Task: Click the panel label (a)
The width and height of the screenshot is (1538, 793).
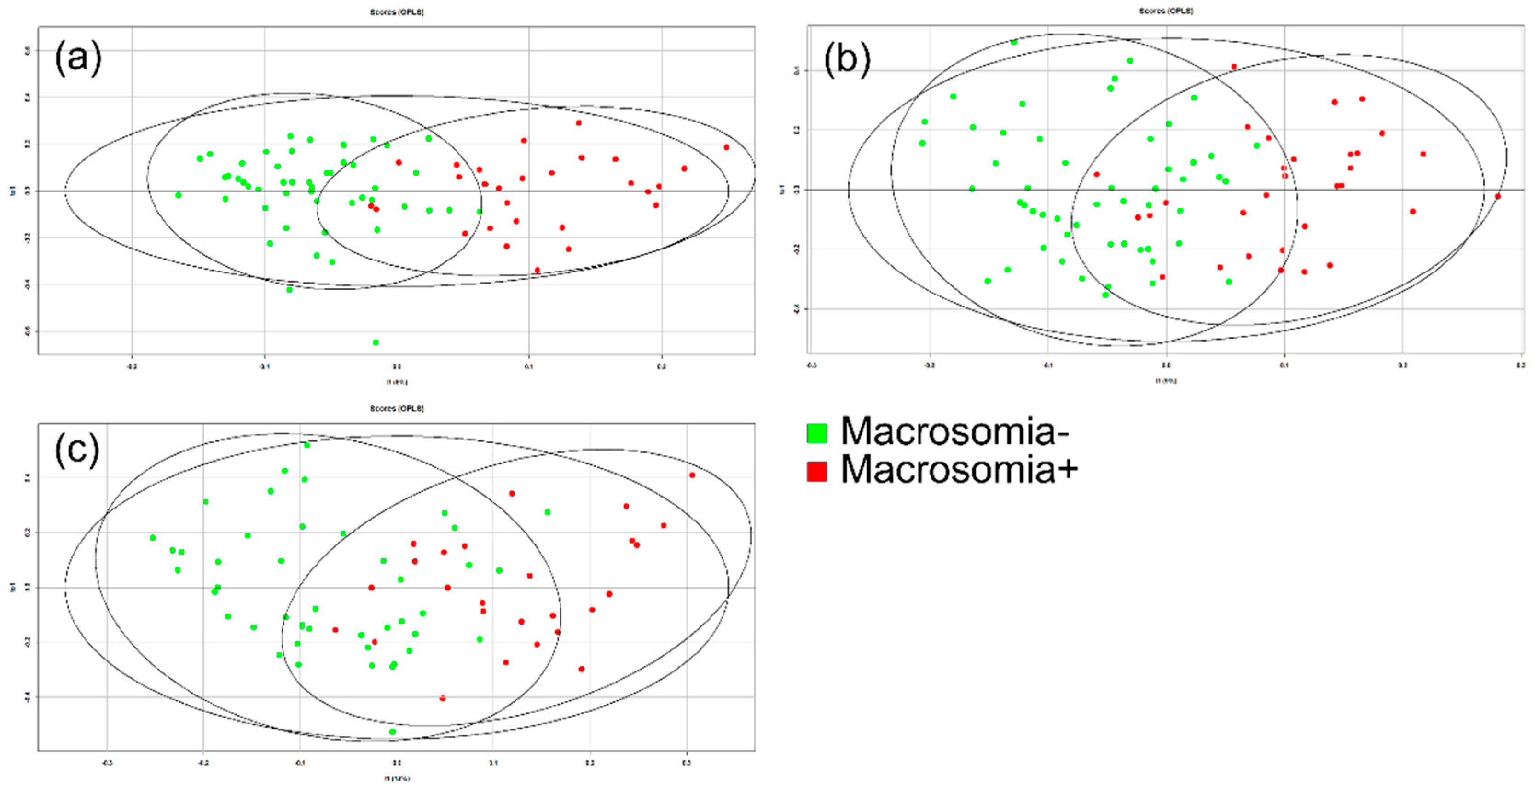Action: click(78, 58)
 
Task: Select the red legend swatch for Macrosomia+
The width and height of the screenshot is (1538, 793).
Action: click(816, 471)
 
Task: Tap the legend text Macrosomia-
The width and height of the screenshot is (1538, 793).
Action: click(954, 431)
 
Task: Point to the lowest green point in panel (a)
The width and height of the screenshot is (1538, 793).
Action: click(376, 342)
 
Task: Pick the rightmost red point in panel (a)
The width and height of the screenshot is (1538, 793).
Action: click(727, 147)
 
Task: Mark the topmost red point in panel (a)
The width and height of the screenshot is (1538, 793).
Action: click(578, 123)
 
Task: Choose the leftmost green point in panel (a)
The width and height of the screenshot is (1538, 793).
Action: click(178, 195)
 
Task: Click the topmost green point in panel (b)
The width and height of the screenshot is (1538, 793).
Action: click(1014, 42)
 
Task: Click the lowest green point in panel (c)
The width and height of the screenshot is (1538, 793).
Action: click(392, 731)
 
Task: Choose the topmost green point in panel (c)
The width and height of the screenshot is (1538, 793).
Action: click(307, 445)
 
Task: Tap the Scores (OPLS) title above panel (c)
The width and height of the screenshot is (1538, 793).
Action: click(396, 408)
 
